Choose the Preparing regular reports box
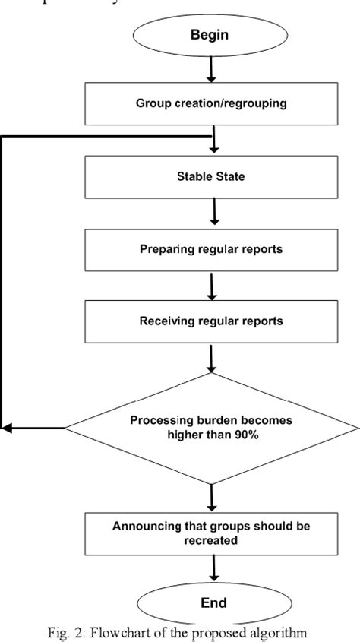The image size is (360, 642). [x=211, y=248]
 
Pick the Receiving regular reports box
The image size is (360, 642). [x=211, y=320]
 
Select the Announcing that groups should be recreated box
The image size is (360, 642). [x=211, y=532]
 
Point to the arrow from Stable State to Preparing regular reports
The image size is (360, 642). [x=214, y=215]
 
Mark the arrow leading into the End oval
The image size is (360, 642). [x=214, y=568]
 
